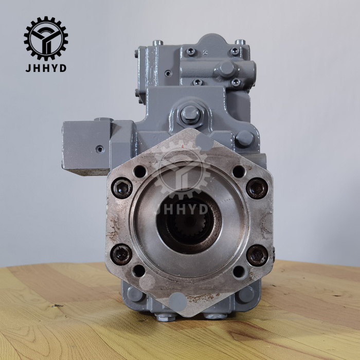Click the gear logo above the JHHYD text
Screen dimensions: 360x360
pos(46,39)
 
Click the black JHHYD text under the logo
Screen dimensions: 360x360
pos(46,68)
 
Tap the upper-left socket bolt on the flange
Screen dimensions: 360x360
pos(122,188)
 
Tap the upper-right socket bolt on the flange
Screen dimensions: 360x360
pos(257,188)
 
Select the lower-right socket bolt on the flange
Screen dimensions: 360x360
pos(257,256)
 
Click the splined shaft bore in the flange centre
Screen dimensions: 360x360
pos(189,222)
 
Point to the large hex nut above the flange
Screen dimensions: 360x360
pos(190,114)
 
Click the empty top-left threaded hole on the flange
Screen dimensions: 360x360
pos(140,171)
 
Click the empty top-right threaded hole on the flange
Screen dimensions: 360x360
pos(239,171)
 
